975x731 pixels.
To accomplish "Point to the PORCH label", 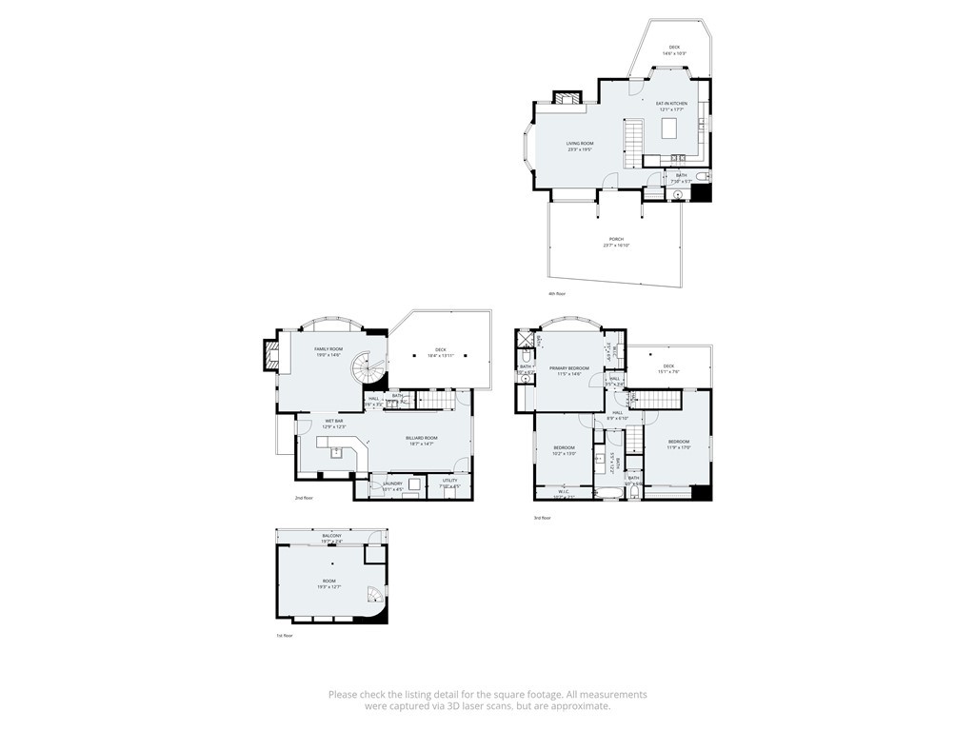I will point(616,242).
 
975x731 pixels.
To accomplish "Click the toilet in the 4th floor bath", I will point(702,178).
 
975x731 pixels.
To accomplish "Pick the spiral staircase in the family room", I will point(365,369).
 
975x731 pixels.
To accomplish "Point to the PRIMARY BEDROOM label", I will point(569,370).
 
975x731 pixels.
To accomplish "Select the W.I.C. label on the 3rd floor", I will point(564,494).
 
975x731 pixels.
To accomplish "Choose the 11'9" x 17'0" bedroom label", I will point(679,444).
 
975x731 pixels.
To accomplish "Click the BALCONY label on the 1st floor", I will point(331,539).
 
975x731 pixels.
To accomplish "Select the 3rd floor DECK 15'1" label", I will point(668,368).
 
